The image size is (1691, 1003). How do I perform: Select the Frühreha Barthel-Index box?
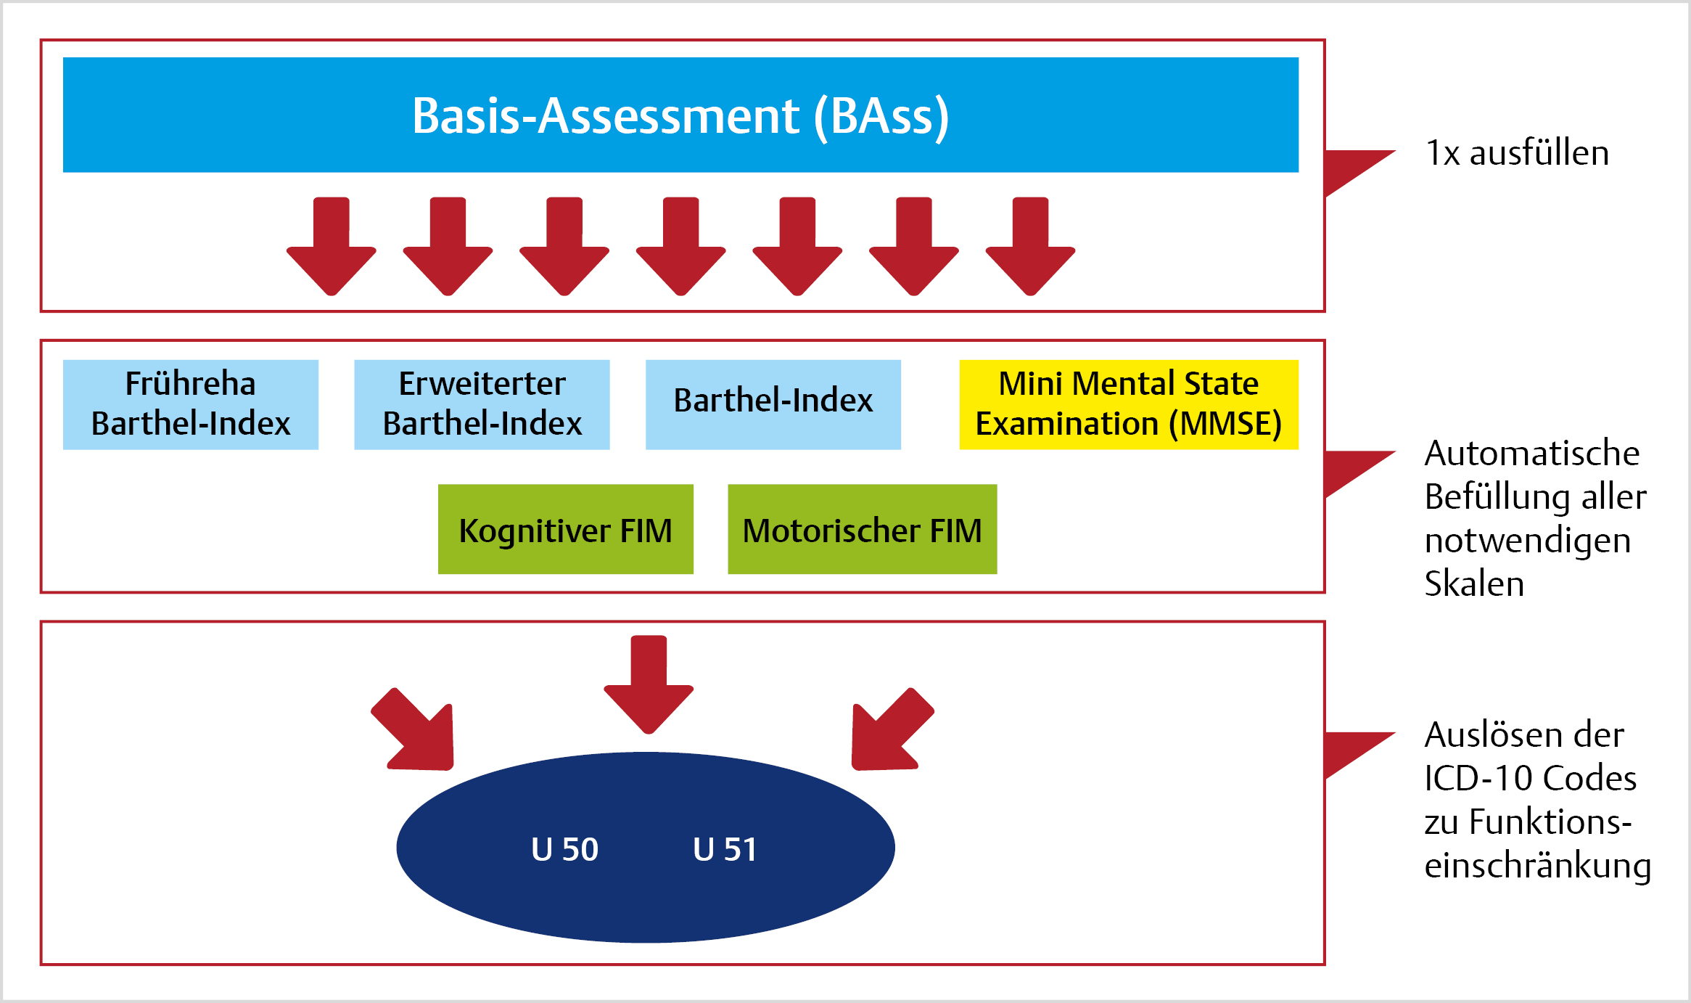coord(191,404)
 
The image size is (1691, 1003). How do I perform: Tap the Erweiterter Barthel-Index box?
coord(482,404)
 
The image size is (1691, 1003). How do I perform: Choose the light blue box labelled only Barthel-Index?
coord(773,404)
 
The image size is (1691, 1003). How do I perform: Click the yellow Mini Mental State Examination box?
coord(1129,404)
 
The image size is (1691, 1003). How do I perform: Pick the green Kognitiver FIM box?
coord(566,529)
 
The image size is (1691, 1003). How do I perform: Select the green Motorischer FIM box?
coord(863,529)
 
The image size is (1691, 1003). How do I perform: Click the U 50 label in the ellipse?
coord(564,849)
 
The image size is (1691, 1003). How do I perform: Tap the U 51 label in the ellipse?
coord(725,849)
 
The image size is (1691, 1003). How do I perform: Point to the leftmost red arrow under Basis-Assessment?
coord(332,246)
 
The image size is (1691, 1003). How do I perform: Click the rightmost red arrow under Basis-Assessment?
coord(1030,246)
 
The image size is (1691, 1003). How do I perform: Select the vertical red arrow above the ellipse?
coord(649,684)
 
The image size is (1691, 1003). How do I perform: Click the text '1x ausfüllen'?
coord(1517,153)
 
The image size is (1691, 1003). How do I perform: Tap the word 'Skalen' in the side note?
coord(1474,584)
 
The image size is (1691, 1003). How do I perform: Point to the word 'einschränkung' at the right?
coord(1538,866)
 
